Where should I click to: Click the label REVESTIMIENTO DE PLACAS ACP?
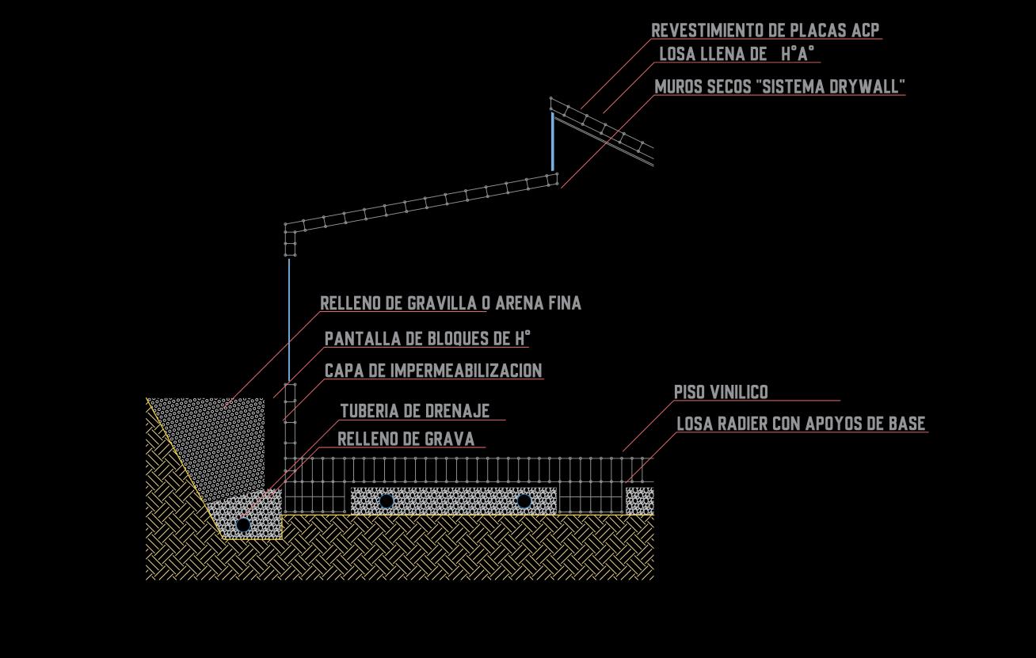(x=764, y=30)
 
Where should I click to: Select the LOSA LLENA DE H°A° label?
(x=737, y=54)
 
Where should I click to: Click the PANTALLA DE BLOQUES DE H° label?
(x=427, y=339)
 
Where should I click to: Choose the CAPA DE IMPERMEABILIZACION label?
(x=433, y=371)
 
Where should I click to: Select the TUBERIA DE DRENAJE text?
(x=415, y=411)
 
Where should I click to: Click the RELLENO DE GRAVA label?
(x=406, y=439)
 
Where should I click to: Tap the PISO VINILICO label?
(x=721, y=392)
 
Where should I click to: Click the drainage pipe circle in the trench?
(x=243, y=525)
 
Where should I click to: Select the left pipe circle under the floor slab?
(x=386, y=501)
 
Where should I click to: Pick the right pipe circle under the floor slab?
(x=524, y=501)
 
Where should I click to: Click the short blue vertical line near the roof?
(x=553, y=141)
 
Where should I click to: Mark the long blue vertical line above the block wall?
(x=289, y=321)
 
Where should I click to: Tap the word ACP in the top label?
(x=865, y=30)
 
